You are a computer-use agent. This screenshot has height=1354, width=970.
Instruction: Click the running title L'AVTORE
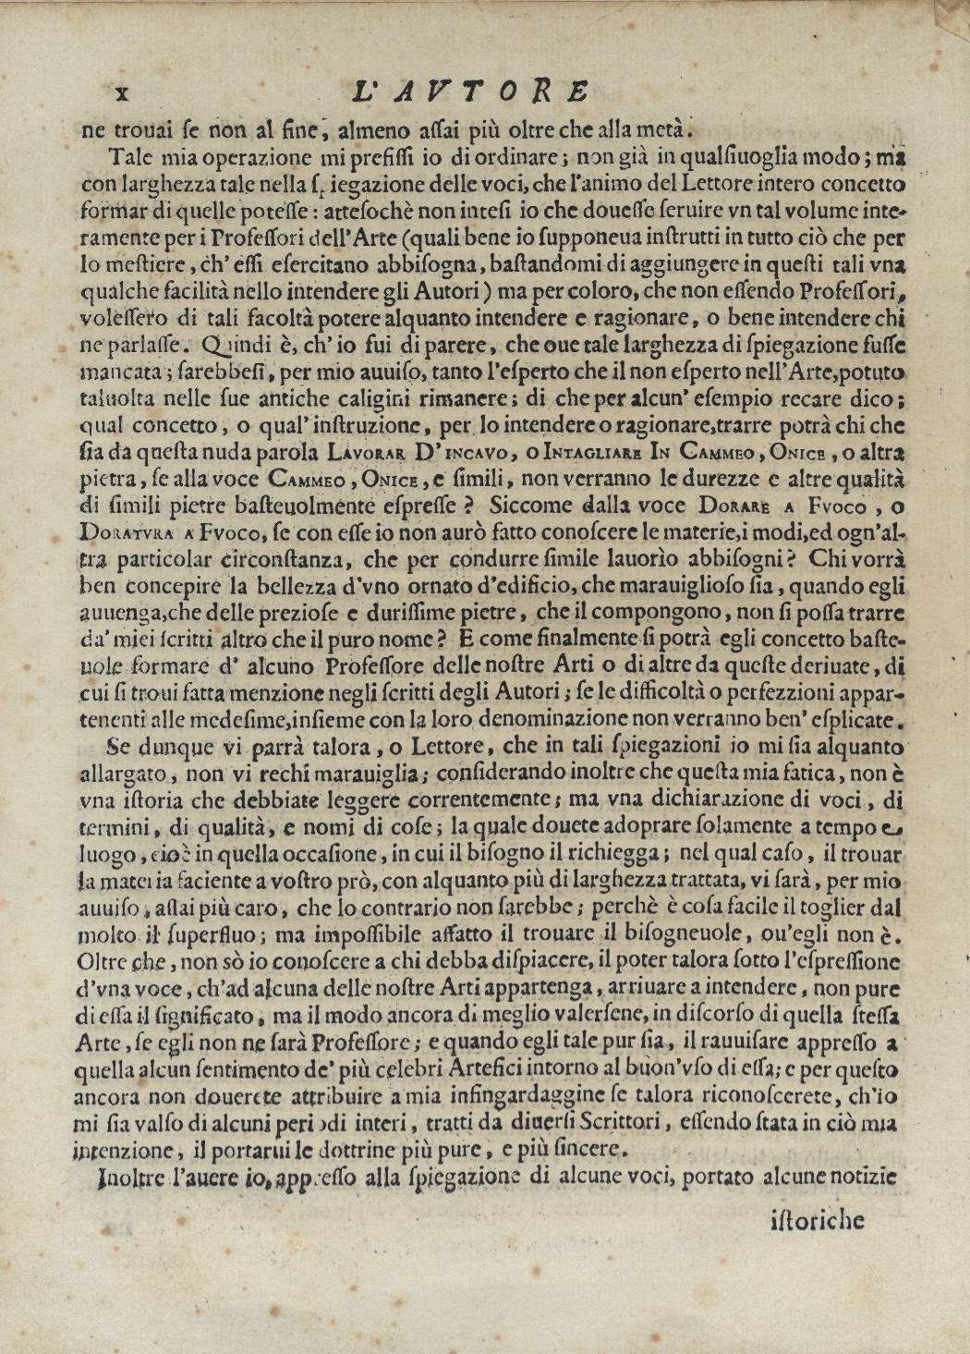471,91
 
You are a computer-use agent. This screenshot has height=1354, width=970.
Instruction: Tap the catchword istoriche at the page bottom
817,1220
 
